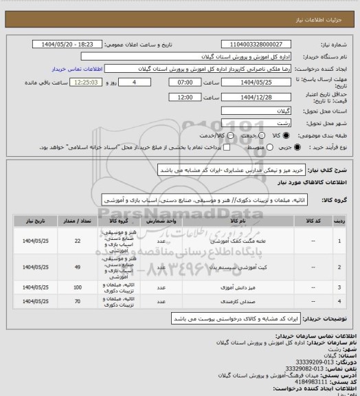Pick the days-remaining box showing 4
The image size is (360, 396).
133,81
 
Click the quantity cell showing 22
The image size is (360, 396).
77,241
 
